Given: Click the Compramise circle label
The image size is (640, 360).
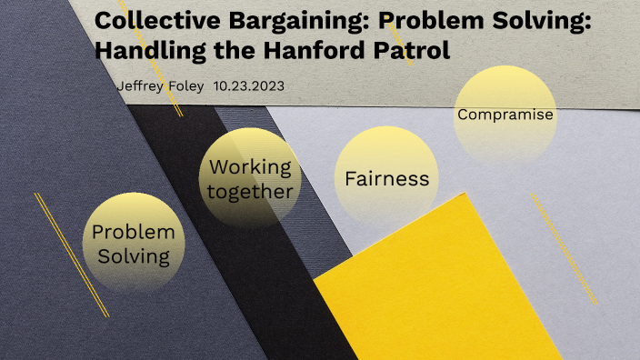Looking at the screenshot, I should click(x=505, y=115).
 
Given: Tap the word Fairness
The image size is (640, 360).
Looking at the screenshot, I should click(x=386, y=178).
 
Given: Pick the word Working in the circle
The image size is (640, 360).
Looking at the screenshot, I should click(x=250, y=167).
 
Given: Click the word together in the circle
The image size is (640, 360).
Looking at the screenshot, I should click(x=250, y=191).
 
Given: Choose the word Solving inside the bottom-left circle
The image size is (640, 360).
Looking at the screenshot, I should click(x=134, y=255).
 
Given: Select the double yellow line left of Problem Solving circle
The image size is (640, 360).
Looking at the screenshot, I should click(x=71, y=255).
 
